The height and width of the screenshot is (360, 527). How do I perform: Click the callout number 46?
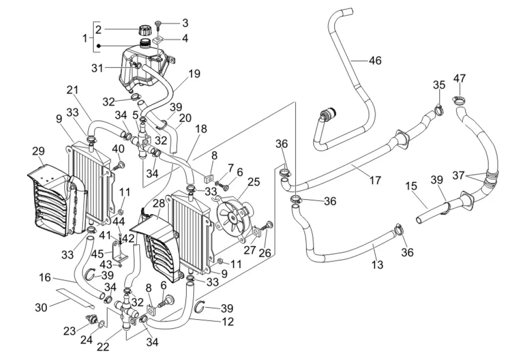375,60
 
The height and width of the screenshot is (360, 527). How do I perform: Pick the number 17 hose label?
375,180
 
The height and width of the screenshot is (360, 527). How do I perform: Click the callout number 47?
459,78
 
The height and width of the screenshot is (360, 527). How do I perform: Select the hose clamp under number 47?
459,99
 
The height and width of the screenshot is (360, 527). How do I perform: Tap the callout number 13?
377,265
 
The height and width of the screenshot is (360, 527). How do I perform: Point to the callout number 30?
42,308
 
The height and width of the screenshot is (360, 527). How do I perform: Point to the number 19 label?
194,74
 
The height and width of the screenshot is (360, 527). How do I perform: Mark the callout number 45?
98,254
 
